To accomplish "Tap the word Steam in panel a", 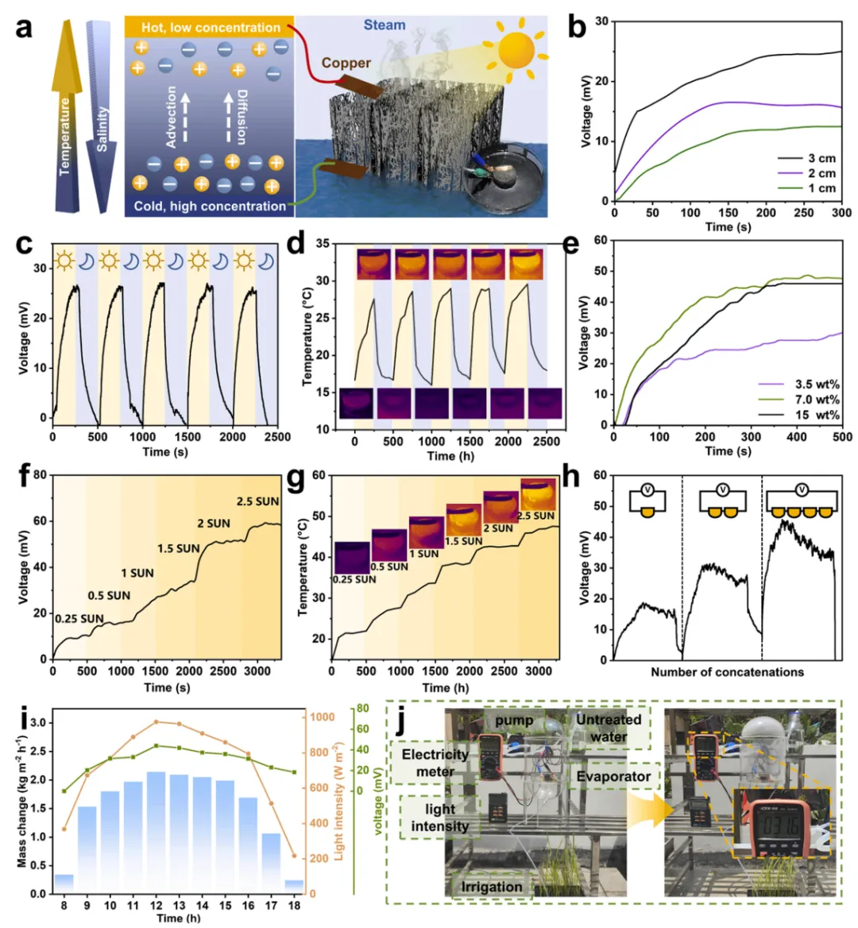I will pyautogui.click(x=385, y=25).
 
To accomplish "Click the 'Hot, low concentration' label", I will pyautogui.click(x=211, y=27).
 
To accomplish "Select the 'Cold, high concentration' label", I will pyautogui.click(x=210, y=206).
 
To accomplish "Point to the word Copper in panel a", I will pyautogui.click(x=346, y=63).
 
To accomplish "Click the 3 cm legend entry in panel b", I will pyautogui.click(x=821, y=158).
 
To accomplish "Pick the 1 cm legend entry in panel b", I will pyautogui.click(x=821, y=188).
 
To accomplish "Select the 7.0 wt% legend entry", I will pyautogui.click(x=816, y=400).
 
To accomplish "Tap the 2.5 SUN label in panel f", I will pyautogui.click(x=257, y=501).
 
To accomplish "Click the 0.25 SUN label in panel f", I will pyautogui.click(x=79, y=618).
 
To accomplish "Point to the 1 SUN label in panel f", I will pyautogui.click(x=137, y=573).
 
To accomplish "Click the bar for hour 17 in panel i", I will pyautogui.click(x=271, y=863).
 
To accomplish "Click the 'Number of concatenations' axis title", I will pyautogui.click(x=727, y=672).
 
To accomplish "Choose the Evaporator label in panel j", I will pyautogui.click(x=613, y=776).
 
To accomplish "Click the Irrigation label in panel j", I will pyautogui.click(x=492, y=886).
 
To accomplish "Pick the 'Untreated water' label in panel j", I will pyautogui.click(x=609, y=728).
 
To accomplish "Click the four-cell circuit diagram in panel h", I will pyautogui.click(x=802, y=501).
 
